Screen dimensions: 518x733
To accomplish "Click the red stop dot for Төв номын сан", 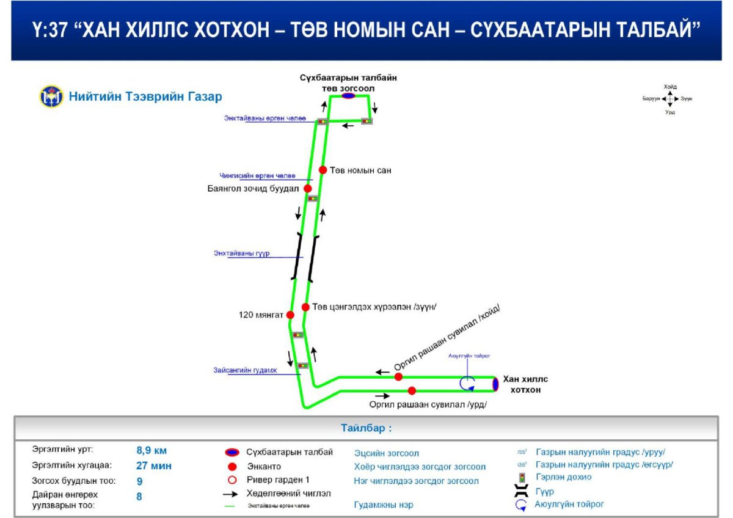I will pyautogui.click(x=323, y=170).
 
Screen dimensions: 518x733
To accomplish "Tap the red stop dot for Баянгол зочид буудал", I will pyautogui.click(x=308, y=189).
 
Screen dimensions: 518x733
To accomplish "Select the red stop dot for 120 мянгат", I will pyautogui.click(x=290, y=315).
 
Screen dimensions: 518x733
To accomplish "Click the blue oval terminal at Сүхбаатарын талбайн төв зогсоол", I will pyautogui.click(x=348, y=96).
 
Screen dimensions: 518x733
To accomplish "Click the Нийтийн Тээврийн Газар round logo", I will pyautogui.click(x=52, y=97).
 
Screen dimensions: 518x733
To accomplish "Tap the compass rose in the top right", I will pyautogui.click(x=669, y=99).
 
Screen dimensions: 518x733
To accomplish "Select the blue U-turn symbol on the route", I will pyautogui.click(x=467, y=383).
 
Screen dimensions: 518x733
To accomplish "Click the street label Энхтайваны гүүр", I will pyautogui.click(x=242, y=254).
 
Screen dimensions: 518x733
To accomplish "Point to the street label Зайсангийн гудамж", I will pyautogui.click(x=246, y=370).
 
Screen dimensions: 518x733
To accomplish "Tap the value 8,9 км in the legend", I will pyautogui.click(x=151, y=451).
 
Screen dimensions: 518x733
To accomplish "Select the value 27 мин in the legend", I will pyautogui.click(x=154, y=465).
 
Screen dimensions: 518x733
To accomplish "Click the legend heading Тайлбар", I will pyautogui.click(x=366, y=428).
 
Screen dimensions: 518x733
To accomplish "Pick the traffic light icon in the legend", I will pyautogui.click(x=522, y=477).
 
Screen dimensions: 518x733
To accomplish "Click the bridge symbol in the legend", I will pyautogui.click(x=522, y=491).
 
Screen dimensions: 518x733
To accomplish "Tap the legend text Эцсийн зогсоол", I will pyautogui.click(x=387, y=453).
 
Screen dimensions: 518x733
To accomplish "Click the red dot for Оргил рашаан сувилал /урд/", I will pyautogui.click(x=412, y=391).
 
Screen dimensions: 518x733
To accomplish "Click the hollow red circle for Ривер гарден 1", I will pyautogui.click(x=232, y=479).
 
